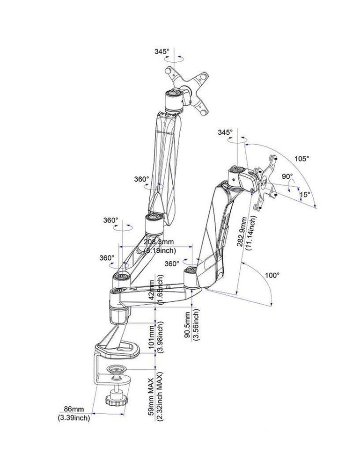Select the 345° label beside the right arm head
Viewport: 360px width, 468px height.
tap(225, 133)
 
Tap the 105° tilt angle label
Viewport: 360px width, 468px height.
tap(302, 159)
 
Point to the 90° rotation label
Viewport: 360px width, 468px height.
tap(287, 177)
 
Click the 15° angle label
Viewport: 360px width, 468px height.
tap(305, 194)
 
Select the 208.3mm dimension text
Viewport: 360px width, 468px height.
tap(159, 242)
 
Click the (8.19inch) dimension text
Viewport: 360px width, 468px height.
tap(159, 250)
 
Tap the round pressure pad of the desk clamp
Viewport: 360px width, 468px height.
tap(119, 370)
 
